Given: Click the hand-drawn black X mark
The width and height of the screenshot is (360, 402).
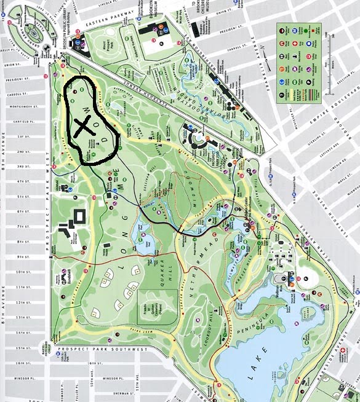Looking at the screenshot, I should pos(82,126).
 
